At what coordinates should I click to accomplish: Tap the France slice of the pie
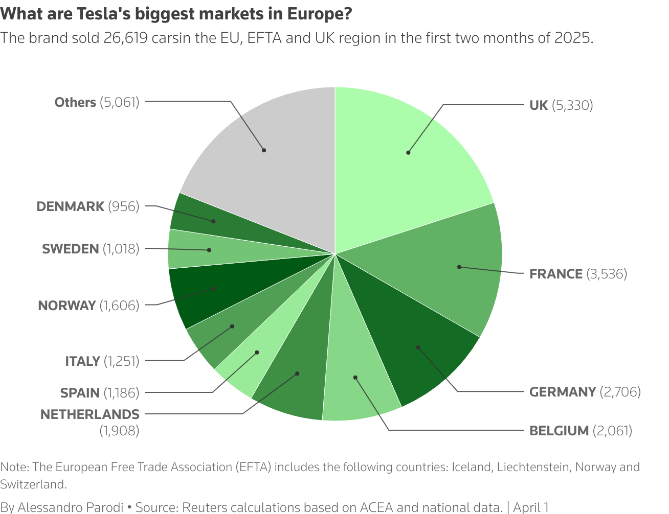450,271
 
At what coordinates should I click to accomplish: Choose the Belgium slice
358,378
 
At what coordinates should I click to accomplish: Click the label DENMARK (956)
87,206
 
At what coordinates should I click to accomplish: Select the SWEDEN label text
71,249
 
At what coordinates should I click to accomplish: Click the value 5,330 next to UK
572,105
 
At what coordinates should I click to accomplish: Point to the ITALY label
82,361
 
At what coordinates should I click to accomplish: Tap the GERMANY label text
562,392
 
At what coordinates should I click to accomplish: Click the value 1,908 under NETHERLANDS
119,431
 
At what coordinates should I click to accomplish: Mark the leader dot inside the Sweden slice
209,250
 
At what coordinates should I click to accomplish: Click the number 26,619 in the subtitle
125,38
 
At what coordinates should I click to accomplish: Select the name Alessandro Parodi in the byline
71,507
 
